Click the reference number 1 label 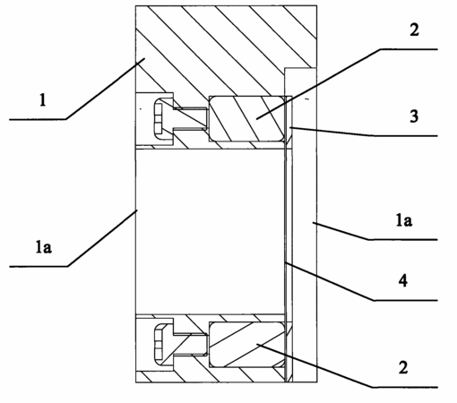point(43,100)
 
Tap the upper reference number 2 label point(414,30)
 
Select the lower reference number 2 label point(403,367)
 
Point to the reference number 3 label point(414,116)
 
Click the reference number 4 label point(403,280)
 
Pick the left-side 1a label point(44,247)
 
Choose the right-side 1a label point(404,220)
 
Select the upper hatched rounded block point(246,118)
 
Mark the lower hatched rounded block point(246,344)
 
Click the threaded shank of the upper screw point(191,118)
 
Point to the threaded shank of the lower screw point(191,344)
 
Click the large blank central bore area point(210,231)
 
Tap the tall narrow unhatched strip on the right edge point(304,225)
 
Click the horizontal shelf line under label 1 point(38,119)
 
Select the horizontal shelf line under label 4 point(406,300)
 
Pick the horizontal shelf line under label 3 point(406,136)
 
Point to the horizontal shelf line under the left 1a point(39,266)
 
